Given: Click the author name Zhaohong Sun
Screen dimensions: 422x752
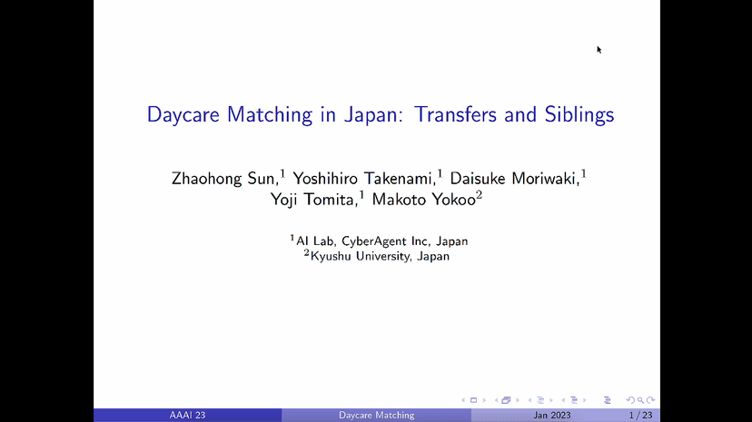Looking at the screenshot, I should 223,178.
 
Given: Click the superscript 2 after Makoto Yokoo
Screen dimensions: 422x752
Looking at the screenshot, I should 479,195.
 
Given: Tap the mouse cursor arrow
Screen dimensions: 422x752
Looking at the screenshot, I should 599,49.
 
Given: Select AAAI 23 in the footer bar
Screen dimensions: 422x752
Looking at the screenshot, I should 188,415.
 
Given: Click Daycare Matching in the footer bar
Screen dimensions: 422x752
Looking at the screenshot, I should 376,415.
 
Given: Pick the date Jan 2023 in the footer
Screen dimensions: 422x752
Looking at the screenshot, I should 553,415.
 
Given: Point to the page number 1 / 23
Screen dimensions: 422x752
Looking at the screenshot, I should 640,415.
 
